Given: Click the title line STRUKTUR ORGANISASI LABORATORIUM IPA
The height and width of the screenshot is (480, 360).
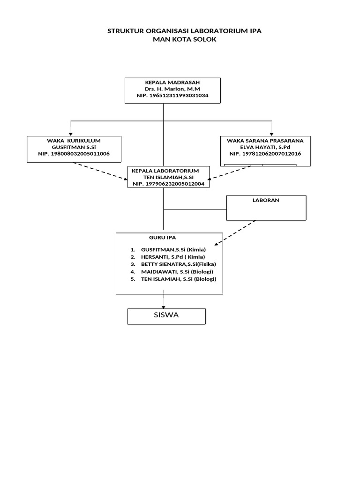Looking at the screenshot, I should [185, 31].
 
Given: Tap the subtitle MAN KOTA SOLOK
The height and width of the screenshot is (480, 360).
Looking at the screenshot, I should [185, 40].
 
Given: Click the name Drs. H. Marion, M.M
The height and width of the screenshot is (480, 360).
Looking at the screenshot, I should [172, 89].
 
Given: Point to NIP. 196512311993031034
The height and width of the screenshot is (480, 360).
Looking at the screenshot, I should [172, 95].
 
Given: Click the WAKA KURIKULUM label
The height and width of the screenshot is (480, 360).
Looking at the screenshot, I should [74, 141].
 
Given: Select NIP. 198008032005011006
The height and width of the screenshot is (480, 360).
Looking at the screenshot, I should [74, 154].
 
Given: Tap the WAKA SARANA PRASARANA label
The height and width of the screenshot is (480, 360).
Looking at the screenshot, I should [265, 141].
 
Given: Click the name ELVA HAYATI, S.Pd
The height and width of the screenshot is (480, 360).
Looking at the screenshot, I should [265, 147].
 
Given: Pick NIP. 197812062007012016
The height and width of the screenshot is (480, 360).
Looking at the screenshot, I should [265, 154].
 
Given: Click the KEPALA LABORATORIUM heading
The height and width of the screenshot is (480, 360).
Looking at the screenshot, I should [165, 171].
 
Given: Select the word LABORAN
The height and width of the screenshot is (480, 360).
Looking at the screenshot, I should [265, 200].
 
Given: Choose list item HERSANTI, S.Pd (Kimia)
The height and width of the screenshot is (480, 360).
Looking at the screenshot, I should [173, 257].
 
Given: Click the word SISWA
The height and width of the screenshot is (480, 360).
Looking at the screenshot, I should [166, 315].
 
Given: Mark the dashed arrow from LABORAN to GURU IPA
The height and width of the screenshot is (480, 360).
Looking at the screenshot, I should [236, 232].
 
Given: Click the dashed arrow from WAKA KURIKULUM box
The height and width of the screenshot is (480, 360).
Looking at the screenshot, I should [100, 171].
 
